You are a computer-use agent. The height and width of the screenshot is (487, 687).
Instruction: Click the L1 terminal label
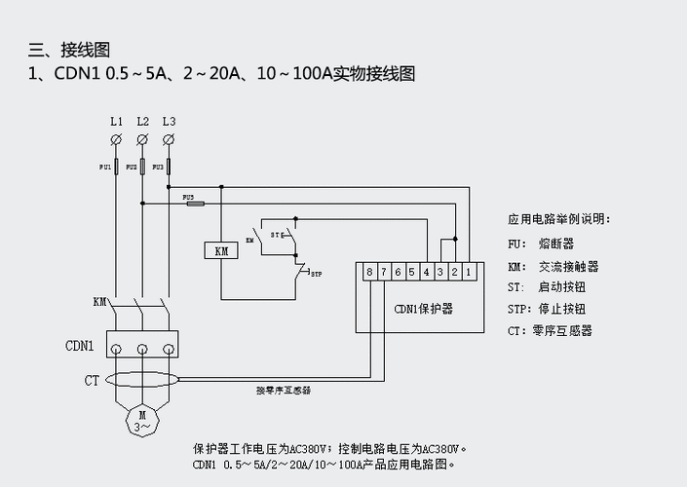116,121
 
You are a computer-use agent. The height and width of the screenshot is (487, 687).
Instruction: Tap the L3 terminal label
169,121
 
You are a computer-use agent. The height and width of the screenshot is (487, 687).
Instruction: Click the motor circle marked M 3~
142,420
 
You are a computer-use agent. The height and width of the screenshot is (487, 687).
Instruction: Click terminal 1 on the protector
469,272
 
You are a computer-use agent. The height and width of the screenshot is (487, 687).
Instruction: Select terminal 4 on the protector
426,272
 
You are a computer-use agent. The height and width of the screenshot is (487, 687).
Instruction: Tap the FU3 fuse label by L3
158,168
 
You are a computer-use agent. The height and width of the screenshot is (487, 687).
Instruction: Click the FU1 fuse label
105,168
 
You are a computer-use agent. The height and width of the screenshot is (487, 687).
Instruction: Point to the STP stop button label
316,275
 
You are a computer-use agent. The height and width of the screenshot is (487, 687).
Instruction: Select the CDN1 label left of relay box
79,346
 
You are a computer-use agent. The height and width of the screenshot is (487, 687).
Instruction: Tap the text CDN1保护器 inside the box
423,309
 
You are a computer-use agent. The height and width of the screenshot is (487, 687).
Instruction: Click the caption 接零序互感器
290,390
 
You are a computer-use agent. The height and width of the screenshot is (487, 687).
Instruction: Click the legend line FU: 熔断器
541,243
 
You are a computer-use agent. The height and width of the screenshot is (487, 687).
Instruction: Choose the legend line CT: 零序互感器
550,331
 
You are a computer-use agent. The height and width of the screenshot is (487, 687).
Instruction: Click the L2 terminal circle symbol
142,140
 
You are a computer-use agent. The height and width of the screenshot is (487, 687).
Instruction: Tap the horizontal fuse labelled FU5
195,204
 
